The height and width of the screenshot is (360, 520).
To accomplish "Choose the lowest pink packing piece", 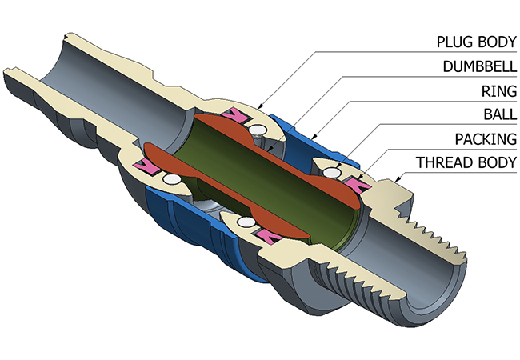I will (x=268, y=234).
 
